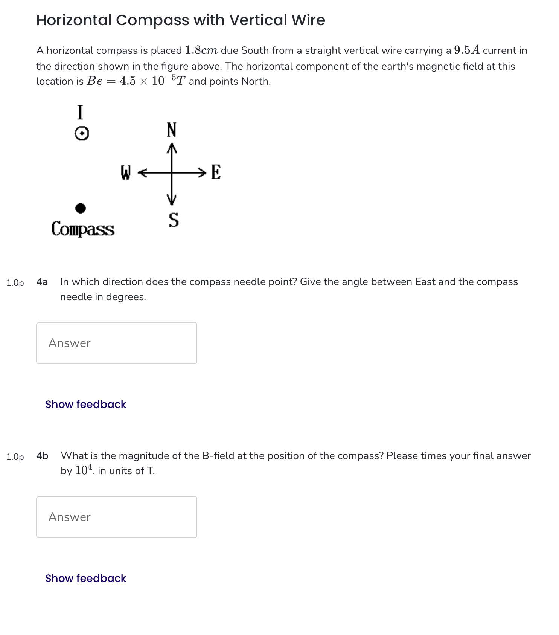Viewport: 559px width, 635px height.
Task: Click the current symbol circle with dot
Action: [82, 133]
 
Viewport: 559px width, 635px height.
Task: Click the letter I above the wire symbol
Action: [80, 112]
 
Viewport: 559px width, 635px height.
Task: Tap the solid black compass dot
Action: [81, 208]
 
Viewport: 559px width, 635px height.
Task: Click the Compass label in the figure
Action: [83, 229]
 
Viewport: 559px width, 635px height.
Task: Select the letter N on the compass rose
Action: [171, 130]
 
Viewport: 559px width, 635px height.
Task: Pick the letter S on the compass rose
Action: [174, 220]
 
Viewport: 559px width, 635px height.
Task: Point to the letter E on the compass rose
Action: [216, 172]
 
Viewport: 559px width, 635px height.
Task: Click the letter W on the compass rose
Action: [125, 172]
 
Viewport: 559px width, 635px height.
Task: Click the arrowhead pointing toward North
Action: [172, 147]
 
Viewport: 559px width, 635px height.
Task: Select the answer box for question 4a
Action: [116, 343]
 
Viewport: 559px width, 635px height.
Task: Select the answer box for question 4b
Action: [116, 517]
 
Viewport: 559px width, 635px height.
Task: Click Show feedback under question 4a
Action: [85, 404]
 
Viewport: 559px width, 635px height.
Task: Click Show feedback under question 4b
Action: [85, 578]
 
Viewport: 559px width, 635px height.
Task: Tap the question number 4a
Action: [42, 282]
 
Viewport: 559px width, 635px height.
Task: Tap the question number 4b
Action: [43, 456]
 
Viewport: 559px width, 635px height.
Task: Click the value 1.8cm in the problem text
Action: [201, 50]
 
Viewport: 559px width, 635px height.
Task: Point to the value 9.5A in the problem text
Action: [467, 50]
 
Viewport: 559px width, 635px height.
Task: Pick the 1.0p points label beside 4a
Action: [15, 283]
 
